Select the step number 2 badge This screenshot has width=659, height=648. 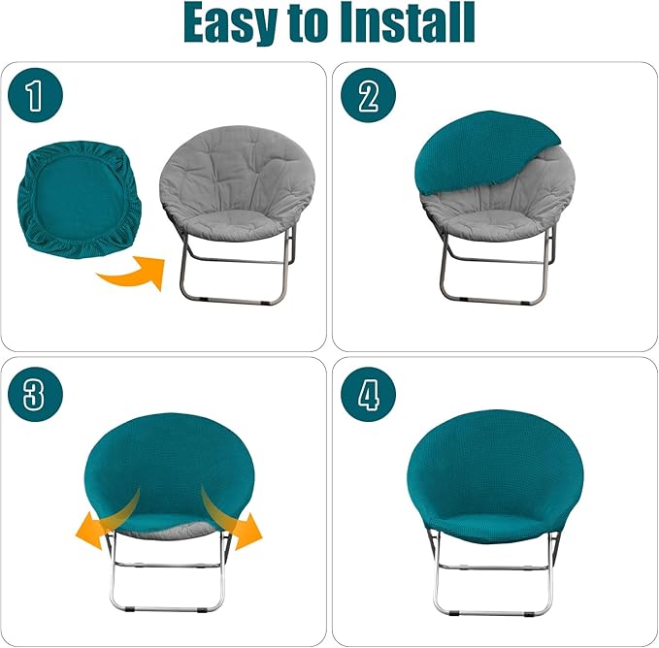click(x=369, y=97)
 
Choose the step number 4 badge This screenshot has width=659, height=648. click(x=369, y=394)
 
